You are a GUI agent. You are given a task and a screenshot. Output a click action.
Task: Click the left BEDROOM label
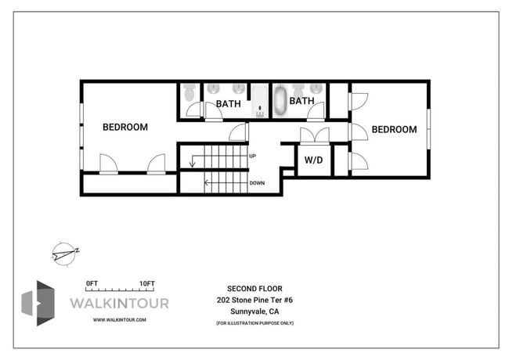click(125, 127)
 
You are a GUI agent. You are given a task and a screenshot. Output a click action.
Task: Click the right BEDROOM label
click(394, 129)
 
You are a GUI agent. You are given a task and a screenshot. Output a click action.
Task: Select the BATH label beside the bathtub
click(302, 101)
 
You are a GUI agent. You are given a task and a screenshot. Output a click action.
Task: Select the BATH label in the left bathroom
click(229, 103)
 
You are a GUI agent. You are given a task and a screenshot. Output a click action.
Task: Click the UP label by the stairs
click(252, 156)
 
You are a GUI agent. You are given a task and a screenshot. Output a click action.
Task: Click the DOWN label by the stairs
click(256, 183)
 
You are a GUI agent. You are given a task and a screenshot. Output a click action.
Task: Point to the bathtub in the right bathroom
click(280, 102)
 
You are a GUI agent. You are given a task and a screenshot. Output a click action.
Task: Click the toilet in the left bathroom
click(189, 93)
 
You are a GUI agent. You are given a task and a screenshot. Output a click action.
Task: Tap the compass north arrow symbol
click(63, 252)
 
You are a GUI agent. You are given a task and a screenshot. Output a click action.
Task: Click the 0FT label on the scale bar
click(92, 283)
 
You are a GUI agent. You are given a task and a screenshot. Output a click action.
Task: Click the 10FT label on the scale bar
click(147, 283)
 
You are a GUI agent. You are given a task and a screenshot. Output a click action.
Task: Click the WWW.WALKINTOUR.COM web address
click(119, 319)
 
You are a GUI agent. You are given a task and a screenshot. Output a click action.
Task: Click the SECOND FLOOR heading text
click(254, 288)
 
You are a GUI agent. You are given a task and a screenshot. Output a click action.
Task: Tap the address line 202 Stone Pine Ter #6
click(254, 300)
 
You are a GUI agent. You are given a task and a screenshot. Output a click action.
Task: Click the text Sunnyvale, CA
click(254, 311)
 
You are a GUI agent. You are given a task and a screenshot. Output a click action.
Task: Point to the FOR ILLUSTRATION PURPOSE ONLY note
click(254, 322)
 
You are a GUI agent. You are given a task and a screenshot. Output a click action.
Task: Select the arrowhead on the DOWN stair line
click(207, 183)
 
